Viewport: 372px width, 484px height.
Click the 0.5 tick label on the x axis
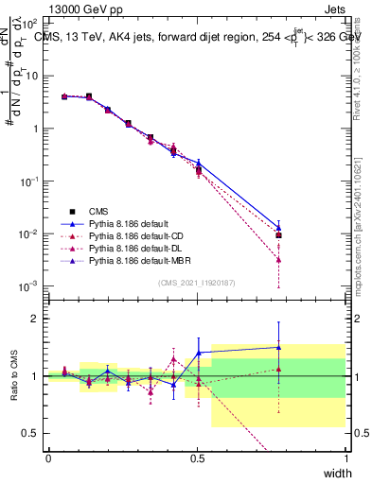197,458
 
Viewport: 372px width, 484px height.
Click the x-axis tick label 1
346,458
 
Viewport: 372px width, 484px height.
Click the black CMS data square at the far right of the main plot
278,235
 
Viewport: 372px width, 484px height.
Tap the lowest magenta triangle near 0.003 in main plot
278,260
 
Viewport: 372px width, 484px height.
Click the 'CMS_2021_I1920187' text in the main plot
197,283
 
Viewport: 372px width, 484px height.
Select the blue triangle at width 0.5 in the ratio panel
198,353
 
